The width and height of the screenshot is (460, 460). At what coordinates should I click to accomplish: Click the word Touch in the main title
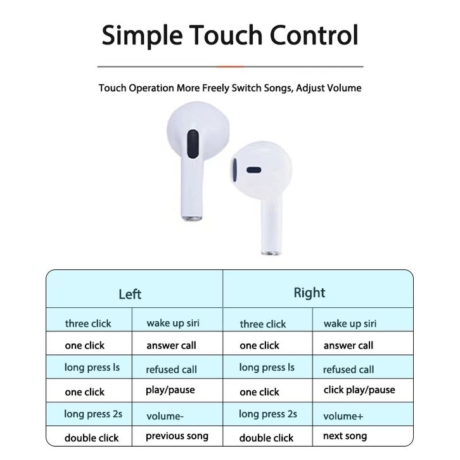pos(226,35)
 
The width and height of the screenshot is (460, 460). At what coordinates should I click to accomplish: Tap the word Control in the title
pos(314,35)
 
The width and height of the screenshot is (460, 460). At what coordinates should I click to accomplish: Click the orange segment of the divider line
pos(230,67)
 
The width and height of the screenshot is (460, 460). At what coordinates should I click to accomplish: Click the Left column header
pos(130,294)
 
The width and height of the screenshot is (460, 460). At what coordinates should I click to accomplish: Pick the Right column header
pos(309,293)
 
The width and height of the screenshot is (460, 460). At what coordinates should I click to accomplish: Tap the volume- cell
pos(165,416)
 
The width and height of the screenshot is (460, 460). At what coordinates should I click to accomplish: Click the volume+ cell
pos(343,416)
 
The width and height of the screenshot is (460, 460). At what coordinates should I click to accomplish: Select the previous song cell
pos(177,436)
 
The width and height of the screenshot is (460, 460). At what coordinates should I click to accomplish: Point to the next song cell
pos(345,436)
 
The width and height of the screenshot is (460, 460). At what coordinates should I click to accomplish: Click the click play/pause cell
pos(359,390)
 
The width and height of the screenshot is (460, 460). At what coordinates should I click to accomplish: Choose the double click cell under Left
pos(91,438)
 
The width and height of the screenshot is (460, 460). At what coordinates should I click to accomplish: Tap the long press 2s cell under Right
pos(268,414)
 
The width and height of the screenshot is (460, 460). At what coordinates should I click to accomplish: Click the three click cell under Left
pos(88,323)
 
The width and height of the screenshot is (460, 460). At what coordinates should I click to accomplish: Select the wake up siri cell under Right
pos(350,324)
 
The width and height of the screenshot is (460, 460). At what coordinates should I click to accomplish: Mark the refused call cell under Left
pos(171,369)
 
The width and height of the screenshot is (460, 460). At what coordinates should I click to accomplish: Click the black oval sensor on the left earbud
pos(193,144)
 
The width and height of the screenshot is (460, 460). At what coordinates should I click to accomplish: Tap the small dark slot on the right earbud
pos(254,170)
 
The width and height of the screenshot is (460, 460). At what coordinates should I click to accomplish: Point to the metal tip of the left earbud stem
pos(192,218)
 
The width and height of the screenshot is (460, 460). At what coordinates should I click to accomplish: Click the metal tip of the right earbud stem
pos(271,253)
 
